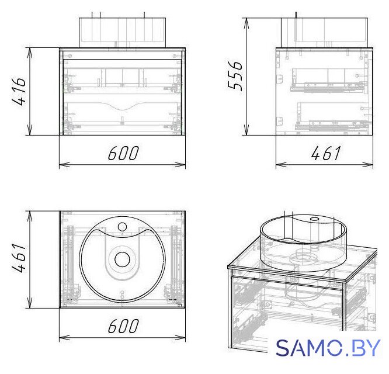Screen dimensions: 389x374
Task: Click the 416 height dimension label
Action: pyautogui.click(x=19, y=91)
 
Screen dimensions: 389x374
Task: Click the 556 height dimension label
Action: pyautogui.click(x=235, y=75)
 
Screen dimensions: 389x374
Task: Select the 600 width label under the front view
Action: pyautogui.click(x=123, y=153)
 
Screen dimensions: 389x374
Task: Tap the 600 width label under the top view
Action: pyautogui.click(x=123, y=325)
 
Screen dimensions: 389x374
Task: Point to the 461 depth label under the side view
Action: pyautogui.click(x=326, y=153)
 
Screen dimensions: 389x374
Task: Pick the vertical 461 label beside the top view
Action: pyautogui.click(x=19, y=258)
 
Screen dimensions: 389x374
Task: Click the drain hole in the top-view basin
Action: pyautogui.click(x=122, y=259)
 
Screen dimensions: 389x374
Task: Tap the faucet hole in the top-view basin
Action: pyautogui.click(x=122, y=226)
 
